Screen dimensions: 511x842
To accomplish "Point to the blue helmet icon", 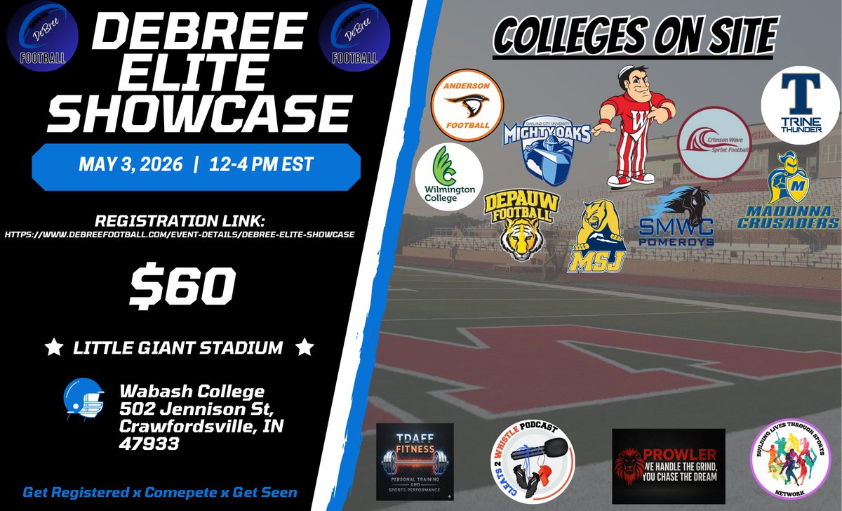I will tap(83, 398).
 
